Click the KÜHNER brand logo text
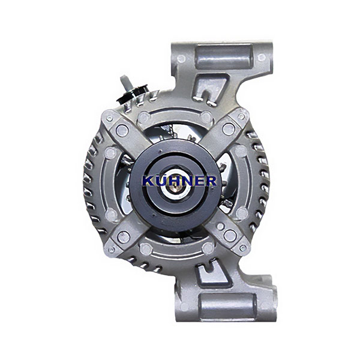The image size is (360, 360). [179, 181]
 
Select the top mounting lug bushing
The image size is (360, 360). [224, 56]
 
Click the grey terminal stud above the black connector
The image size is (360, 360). [125, 82]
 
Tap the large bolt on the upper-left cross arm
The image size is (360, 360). [122, 130]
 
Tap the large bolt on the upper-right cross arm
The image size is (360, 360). [229, 129]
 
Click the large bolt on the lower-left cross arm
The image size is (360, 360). [124, 237]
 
